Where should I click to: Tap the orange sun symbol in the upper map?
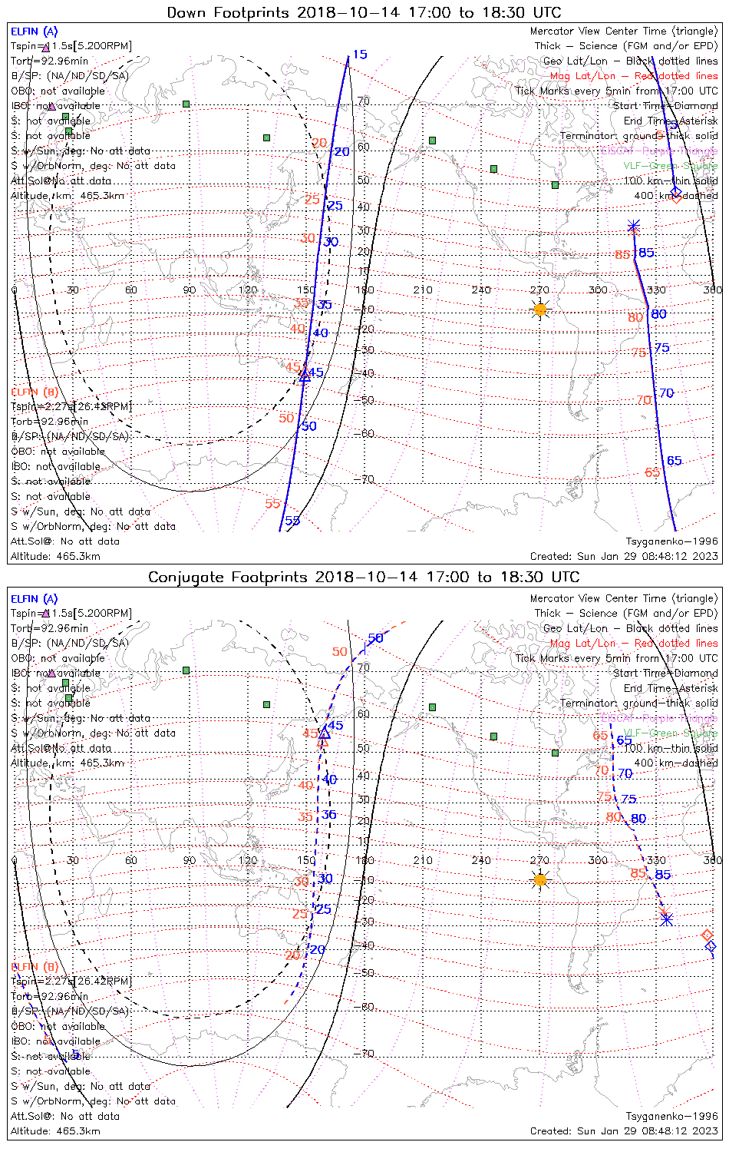(x=539, y=310)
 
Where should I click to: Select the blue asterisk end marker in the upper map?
(x=633, y=226)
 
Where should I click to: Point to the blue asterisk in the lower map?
(x=666, y=918)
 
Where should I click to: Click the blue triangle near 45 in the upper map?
(x=305, y=376)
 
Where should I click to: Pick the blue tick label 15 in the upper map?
(x=359, y=55)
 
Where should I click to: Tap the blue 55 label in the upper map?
(x=292, y=521)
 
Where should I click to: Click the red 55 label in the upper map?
(x=273, y=504)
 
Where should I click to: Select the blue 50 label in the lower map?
(x=375, y=638)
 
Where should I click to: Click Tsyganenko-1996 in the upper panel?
(x=671, y=541)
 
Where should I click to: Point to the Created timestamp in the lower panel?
(x=624, y=1130)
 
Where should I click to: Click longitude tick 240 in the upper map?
(x=481, y=290)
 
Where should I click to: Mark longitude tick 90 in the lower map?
(x=190, y=860)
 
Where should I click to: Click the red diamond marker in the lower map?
(x=708, y=935)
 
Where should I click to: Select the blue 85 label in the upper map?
(x=646, y=253)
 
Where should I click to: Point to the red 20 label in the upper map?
(x=319, y=143)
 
